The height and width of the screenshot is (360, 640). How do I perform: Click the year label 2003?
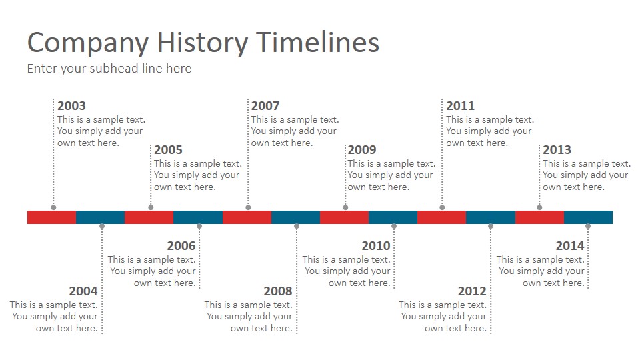pyautogui.click(x=71, y=106)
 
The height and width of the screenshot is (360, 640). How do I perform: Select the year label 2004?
pyautogui.click(x=83, y=291)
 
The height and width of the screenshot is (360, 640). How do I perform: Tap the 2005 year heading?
pyautogui.click(x=168, y=150)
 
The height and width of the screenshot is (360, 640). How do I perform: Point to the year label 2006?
pyautogui.click(x=181, y=246)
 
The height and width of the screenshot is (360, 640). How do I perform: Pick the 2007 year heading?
pyautogui.click(x=265, y=106)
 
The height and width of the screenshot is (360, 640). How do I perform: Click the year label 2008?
pyautogui.click(x=278, y=291)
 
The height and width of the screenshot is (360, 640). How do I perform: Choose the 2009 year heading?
pyautogui.click(x=362, y=150)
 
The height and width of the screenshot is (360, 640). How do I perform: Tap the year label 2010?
pyautogui.click(x=376, y=246)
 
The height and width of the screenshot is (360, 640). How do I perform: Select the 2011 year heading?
pyautogui.click(x=461, y=106)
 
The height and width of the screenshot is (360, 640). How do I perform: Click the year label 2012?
pyautogui.click(x=472, y=291)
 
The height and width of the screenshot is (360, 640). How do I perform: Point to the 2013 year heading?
pyautogui.click(x=557, y=150)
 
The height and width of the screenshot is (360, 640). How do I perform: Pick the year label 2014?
pyautogui.click(x=570, y=246)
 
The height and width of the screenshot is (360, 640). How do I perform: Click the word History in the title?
pyautogui.click(x=203, y=43)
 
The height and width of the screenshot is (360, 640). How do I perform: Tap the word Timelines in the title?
pyautogui.click(x=318, y=43)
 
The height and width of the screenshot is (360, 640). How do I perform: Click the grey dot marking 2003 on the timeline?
pyautogui.click(x=53, y=207)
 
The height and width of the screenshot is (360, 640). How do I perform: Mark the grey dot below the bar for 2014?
pyautogui.click(x=588, y=226)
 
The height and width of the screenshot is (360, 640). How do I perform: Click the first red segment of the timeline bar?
pyautogui.click(x=52, y=217)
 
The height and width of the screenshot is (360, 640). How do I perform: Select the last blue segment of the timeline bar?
pyautogui.click(x=588, y=217)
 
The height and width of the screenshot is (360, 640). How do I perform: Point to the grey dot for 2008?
pyautogui.click(x=297, y=226)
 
